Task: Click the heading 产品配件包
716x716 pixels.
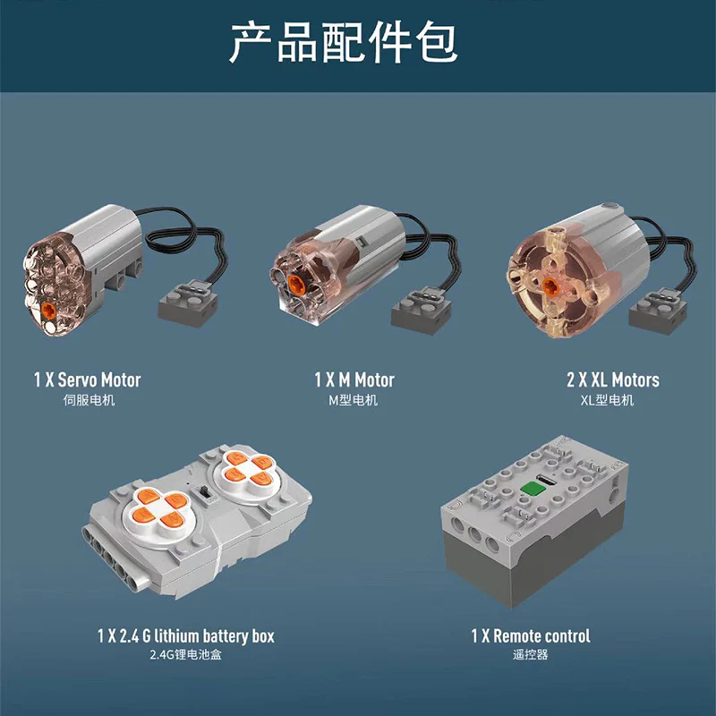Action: (344, 42)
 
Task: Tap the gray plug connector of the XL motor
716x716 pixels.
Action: (658, 311)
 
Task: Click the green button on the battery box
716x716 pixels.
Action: (533, 489)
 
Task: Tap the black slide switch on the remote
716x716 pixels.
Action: (205, 493)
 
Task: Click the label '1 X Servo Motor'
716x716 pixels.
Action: (87, 379)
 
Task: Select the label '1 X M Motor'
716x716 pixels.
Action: (354, 379)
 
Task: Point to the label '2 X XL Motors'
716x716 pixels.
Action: (613, 379)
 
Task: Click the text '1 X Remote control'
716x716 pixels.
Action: (531, 636)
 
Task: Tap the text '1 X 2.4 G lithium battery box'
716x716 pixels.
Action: (186, 636)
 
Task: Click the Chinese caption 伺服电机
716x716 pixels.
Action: (89, 400)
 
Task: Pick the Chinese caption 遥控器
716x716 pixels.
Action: (530, 655)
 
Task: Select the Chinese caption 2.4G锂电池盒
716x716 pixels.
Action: (186, 655)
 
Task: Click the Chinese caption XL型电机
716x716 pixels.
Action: (607, 400)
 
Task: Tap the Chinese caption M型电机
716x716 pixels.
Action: (353, 400)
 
